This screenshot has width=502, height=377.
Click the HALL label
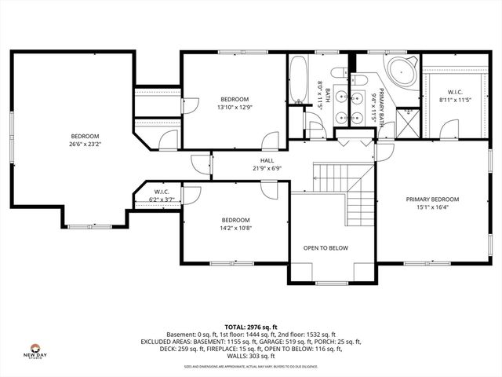coord(267,160)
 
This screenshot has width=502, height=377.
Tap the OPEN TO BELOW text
coord(326,247)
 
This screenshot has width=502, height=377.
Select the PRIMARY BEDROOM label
coord(432,199)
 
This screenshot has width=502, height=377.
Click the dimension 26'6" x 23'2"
coord(85,144)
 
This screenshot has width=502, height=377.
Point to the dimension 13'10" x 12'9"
coord(235,107)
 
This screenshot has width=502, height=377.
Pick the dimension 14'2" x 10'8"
coord(235,229)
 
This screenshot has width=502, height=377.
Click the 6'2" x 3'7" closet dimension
coord(162,200)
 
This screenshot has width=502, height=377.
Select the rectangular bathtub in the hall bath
coord(299,79)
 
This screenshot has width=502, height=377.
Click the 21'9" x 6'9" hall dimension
coord(267,168)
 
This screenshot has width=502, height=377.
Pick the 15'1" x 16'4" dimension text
coord(432,207)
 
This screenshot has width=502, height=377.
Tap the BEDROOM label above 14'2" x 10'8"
coord(235,220)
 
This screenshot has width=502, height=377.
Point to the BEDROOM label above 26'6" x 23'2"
coord(85,136)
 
